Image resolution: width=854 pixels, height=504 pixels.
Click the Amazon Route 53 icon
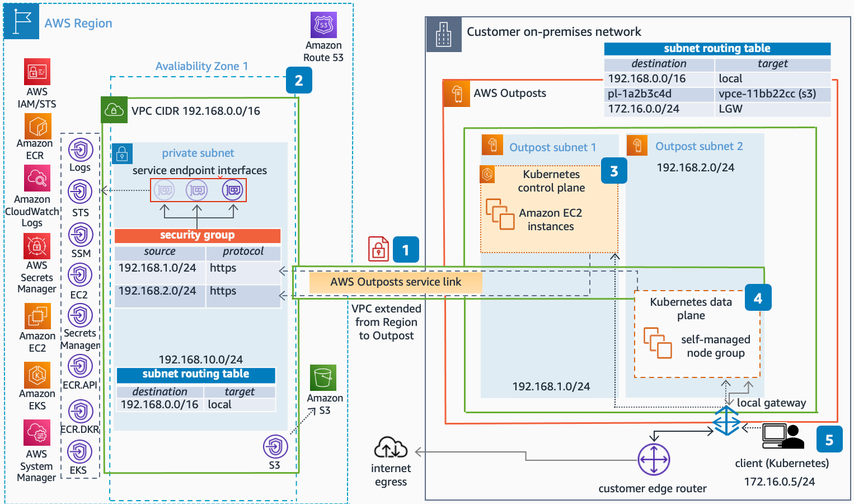[323, 25]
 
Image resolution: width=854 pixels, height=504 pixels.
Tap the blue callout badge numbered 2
[299, 81]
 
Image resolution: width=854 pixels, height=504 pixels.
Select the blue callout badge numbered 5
[829, 440]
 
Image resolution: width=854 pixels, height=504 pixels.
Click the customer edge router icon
[654, 460]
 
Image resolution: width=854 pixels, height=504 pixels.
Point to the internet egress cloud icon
[391, 448]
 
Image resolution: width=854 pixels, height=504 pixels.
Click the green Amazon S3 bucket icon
[323, 378]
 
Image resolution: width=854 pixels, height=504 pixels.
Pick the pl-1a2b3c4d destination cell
[659, 94]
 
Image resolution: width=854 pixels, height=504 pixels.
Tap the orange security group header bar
[198, 235]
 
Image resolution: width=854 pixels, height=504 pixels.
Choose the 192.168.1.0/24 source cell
[159, 268]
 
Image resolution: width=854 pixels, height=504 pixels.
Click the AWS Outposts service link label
[396, 282]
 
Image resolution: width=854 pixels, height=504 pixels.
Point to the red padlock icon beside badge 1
[378, 249]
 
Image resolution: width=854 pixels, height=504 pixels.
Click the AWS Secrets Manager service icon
[37, 246]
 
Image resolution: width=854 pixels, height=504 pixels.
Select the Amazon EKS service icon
[37, 375]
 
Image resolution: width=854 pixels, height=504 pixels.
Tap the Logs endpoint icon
[80, 150]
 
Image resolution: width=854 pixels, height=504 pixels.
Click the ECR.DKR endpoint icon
[80, 412]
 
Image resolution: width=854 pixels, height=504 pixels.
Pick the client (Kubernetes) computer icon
[782, 436]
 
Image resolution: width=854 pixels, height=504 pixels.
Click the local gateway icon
[726, 421]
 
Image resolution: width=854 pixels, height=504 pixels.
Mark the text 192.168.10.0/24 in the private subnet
[200, 360]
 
